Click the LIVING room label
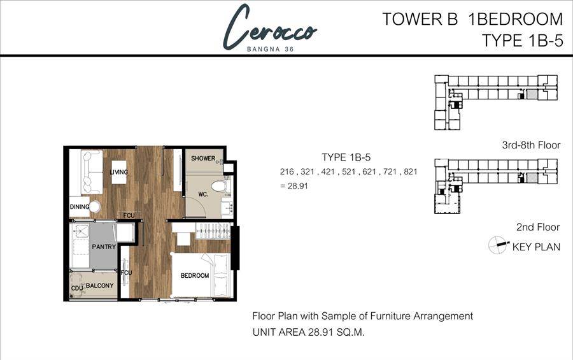119,172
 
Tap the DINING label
80,206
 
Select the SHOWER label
203,159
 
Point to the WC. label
203,194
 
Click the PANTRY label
104,247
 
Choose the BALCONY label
100,285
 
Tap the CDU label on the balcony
77,288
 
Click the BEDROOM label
195,275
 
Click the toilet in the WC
221,186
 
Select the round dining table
95,207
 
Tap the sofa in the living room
92,172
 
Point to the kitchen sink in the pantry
81,231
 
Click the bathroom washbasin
227,208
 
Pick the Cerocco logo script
270,28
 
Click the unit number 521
349,171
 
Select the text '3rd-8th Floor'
531,145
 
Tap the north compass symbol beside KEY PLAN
498,245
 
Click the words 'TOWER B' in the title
420,19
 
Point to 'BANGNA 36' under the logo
271,49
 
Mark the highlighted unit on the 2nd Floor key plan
532,178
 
